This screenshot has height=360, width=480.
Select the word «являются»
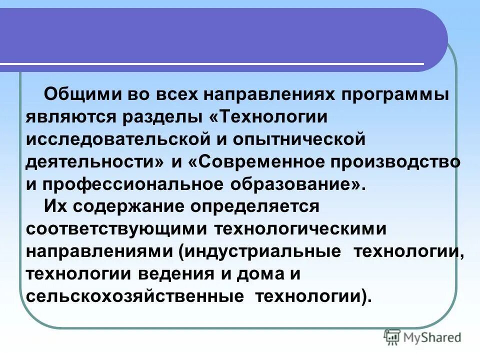coord(70,117)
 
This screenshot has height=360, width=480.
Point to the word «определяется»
coord(261,206)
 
